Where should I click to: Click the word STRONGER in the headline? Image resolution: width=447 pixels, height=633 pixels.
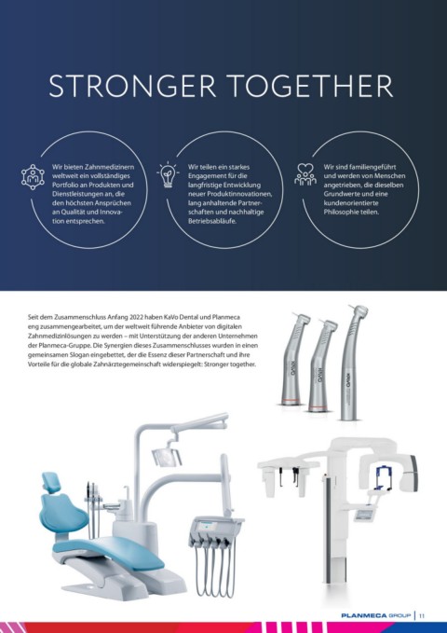[x=132, y=86]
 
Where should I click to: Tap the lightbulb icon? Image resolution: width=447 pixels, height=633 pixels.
[x=168, y=175]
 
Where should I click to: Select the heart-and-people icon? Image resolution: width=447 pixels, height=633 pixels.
[x=305, y=174]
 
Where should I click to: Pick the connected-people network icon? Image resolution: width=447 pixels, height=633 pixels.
[x=33, y=177]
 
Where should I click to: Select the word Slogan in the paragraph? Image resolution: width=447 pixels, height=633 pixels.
[x=71, y=355]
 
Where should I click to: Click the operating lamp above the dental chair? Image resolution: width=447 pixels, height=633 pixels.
[x=166, y=454]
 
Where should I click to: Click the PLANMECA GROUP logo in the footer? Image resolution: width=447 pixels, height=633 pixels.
[x=375, y=615]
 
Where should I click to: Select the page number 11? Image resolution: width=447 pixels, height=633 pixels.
[x=422, y=616]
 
